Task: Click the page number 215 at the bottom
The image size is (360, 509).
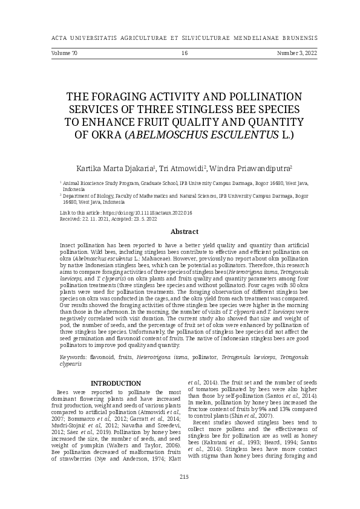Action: click(184, 494)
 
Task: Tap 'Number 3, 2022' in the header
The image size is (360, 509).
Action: click(297, 54)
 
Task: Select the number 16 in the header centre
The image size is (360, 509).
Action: click(185, 54)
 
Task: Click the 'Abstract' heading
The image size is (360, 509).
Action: click(185, 232)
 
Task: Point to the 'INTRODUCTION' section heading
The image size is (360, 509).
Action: click(116, 383)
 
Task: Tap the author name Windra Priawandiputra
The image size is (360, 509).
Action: click(254, 167)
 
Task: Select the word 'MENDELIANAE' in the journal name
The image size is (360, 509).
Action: click(246, 37)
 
